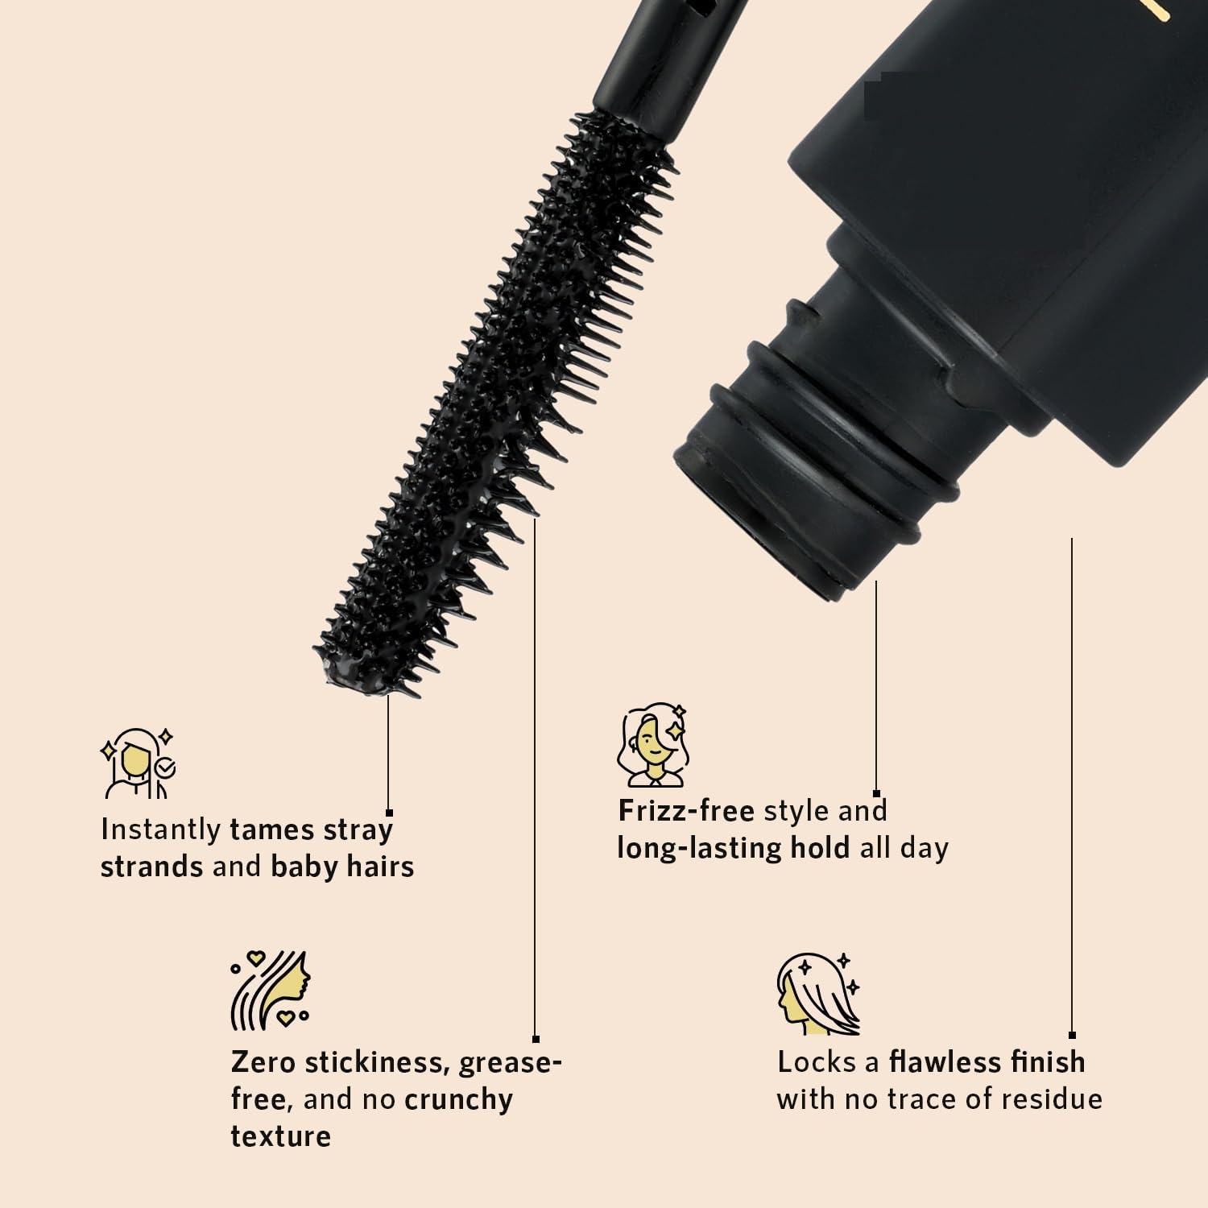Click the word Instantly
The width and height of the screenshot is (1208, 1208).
point(160,829)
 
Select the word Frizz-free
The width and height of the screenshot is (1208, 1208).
point(686,810)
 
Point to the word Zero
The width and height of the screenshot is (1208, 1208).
point(263,1062)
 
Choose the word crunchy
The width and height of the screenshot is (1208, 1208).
point(458,1101)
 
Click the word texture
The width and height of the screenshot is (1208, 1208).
point(280,1136)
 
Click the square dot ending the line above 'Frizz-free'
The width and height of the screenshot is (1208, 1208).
point(876,794)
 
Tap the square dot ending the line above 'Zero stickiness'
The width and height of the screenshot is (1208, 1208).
point(536,1040)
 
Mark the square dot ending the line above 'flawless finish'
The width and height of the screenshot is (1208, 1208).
point(1072,1035)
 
